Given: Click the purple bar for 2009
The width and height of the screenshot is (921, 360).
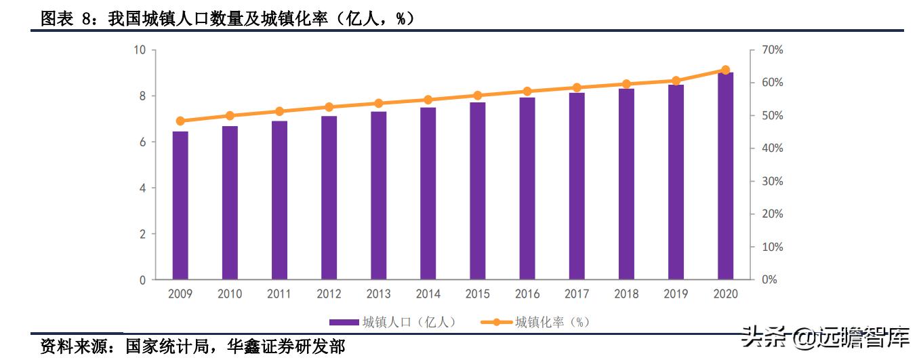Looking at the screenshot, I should coord(180,205).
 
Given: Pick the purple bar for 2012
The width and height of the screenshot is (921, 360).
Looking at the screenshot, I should coord(329,197).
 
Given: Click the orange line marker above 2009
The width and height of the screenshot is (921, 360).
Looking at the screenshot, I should coord(180,121).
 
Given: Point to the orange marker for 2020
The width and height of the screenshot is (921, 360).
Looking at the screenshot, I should coord(725,70).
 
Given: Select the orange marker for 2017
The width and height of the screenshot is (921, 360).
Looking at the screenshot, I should coord(577,87).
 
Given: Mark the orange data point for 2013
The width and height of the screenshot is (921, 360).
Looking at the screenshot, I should coord(378,103).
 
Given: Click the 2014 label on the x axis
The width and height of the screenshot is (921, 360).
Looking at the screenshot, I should coord(428,294).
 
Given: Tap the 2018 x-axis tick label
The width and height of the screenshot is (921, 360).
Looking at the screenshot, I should coord(626,294).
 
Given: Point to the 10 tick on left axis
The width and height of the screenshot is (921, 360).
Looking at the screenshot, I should coord(140,50).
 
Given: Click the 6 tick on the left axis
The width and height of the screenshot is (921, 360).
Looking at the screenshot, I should coord(142,142).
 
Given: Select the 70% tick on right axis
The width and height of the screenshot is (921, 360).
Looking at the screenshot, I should coord(772,50).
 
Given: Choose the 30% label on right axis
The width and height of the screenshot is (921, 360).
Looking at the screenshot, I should coord(772,181).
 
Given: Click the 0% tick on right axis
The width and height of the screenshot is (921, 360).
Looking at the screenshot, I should coord(769,279).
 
